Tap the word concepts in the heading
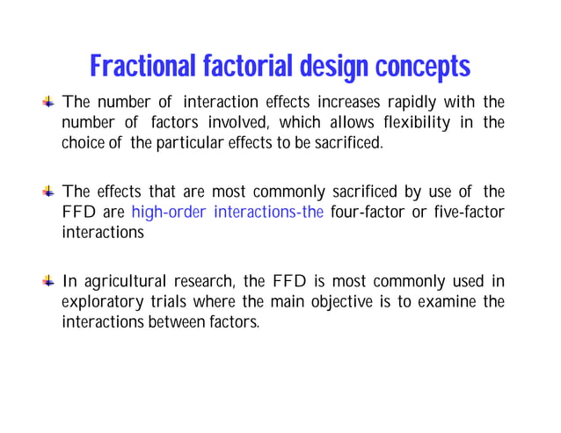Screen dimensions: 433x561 423,67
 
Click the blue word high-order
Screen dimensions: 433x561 168,212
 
